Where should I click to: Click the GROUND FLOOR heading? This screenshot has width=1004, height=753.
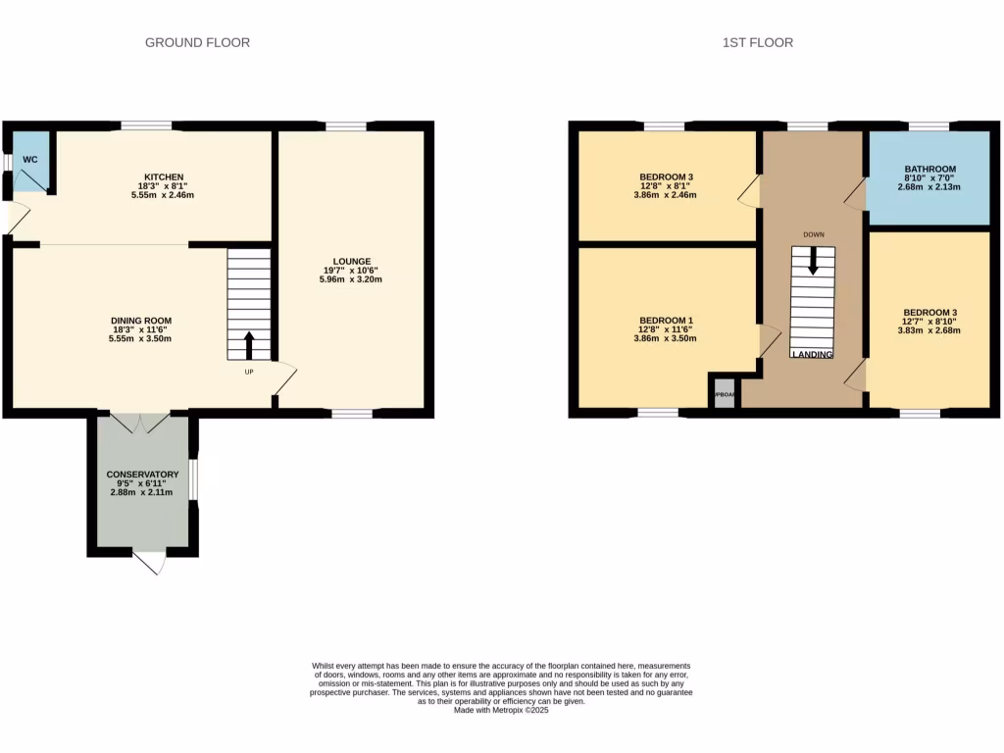coord(197,42)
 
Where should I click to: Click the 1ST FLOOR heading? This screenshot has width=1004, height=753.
coord(757,42)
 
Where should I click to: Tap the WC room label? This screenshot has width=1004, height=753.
coord(30,159)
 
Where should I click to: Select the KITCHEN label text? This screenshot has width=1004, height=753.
coord(163,176)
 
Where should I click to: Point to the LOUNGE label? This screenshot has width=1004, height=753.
coord(351,261)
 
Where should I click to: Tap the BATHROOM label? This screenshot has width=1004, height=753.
coord(929,169)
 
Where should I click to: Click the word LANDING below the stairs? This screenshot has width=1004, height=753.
coord(813,354)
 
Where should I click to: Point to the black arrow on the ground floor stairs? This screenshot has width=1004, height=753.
coord(248,345)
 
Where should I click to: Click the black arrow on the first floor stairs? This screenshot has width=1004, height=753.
coord(812,260)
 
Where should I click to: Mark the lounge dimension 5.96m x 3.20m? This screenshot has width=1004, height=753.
coord(350,279)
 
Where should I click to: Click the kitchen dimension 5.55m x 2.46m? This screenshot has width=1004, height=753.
coord(163,194)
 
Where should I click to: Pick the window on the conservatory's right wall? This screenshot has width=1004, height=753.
coord(193,480)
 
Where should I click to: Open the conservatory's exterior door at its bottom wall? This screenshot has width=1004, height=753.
coord(149,562)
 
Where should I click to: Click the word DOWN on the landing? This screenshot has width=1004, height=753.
coord(813,234)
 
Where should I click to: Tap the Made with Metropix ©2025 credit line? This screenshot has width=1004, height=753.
coord(501,711)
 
